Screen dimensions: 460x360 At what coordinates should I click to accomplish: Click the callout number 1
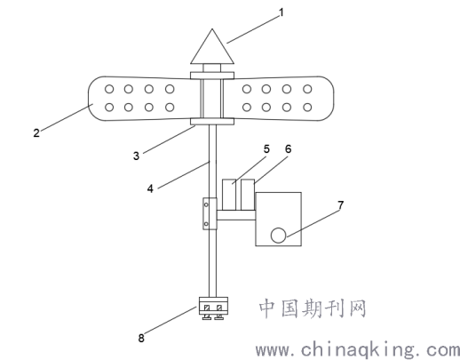click(282, 12)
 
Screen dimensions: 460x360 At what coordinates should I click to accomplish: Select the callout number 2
click(36, 132)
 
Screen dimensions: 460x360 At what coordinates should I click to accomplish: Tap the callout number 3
click(136, 156)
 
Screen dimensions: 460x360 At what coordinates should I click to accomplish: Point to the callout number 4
click(150, 188)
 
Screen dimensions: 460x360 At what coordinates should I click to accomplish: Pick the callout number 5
click(266, 149)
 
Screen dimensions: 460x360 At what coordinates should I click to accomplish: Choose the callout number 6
click(288, 149)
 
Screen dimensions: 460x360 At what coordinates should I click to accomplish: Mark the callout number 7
click(341, 205)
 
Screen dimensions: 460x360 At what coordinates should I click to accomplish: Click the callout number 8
click(141, 338)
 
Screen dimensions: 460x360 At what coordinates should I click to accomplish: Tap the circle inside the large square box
click(278, 236)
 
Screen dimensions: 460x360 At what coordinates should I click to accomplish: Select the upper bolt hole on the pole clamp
click(206, 204)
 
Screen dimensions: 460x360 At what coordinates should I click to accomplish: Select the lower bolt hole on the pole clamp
click(206, 224)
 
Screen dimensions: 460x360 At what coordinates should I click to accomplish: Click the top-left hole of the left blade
click(109, 89)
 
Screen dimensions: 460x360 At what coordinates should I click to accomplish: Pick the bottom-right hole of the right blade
click(308, 108)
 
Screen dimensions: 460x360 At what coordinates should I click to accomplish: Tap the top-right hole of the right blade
click(308, 89)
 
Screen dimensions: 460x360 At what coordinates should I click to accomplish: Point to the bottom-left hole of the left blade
click(109, 108)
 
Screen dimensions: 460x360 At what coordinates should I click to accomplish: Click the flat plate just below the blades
click(212, 121)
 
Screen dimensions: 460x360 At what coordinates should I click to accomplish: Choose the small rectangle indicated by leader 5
click(229, 195)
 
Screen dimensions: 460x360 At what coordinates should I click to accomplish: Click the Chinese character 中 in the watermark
click(268, 308)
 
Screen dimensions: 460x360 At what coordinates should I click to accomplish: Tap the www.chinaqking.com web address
click(358, 350)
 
